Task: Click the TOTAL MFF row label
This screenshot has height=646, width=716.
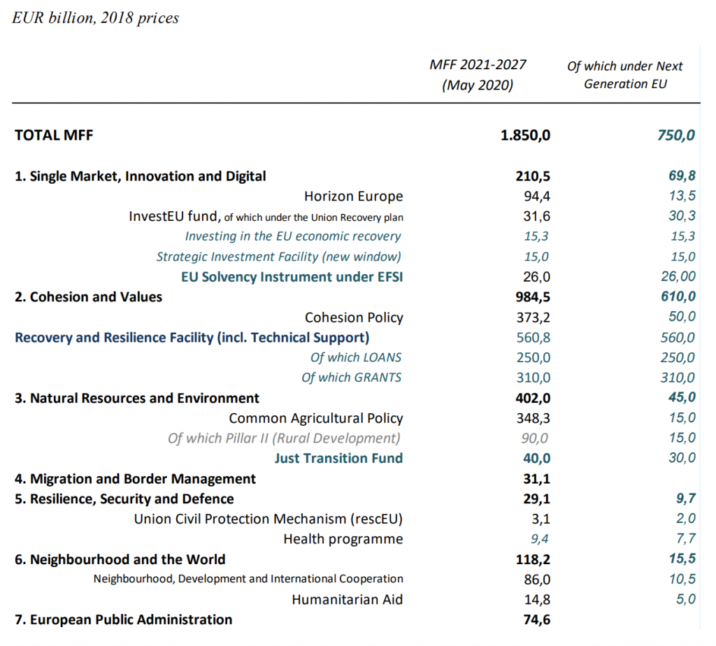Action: (54, 135)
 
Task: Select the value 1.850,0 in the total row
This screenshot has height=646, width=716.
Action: (525, 135)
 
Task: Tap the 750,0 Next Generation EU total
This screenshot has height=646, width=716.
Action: (675, 135)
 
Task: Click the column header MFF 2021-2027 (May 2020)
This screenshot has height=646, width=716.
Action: (478, 75)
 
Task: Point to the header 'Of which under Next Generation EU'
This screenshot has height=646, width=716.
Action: (625, 75)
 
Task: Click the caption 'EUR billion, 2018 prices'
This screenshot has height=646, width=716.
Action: (96, 18)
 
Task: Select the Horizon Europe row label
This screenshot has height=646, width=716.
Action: (353, 196)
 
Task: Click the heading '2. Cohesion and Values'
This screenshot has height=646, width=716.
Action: (88, 297)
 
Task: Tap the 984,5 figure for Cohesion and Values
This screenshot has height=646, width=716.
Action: (532, 297)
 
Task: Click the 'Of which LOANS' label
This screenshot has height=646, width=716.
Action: (356, 358)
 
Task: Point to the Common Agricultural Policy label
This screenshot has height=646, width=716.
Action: (316, 419)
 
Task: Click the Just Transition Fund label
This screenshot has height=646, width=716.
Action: (338, 459)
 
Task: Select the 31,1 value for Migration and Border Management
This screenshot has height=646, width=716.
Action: (537, 479)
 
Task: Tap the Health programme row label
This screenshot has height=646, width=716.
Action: (343, 539)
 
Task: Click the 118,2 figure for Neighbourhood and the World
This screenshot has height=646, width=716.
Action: (532, 559)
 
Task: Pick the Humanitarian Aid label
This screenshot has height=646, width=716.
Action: (347, 600)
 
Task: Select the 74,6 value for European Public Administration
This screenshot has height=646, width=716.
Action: (536, 620)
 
